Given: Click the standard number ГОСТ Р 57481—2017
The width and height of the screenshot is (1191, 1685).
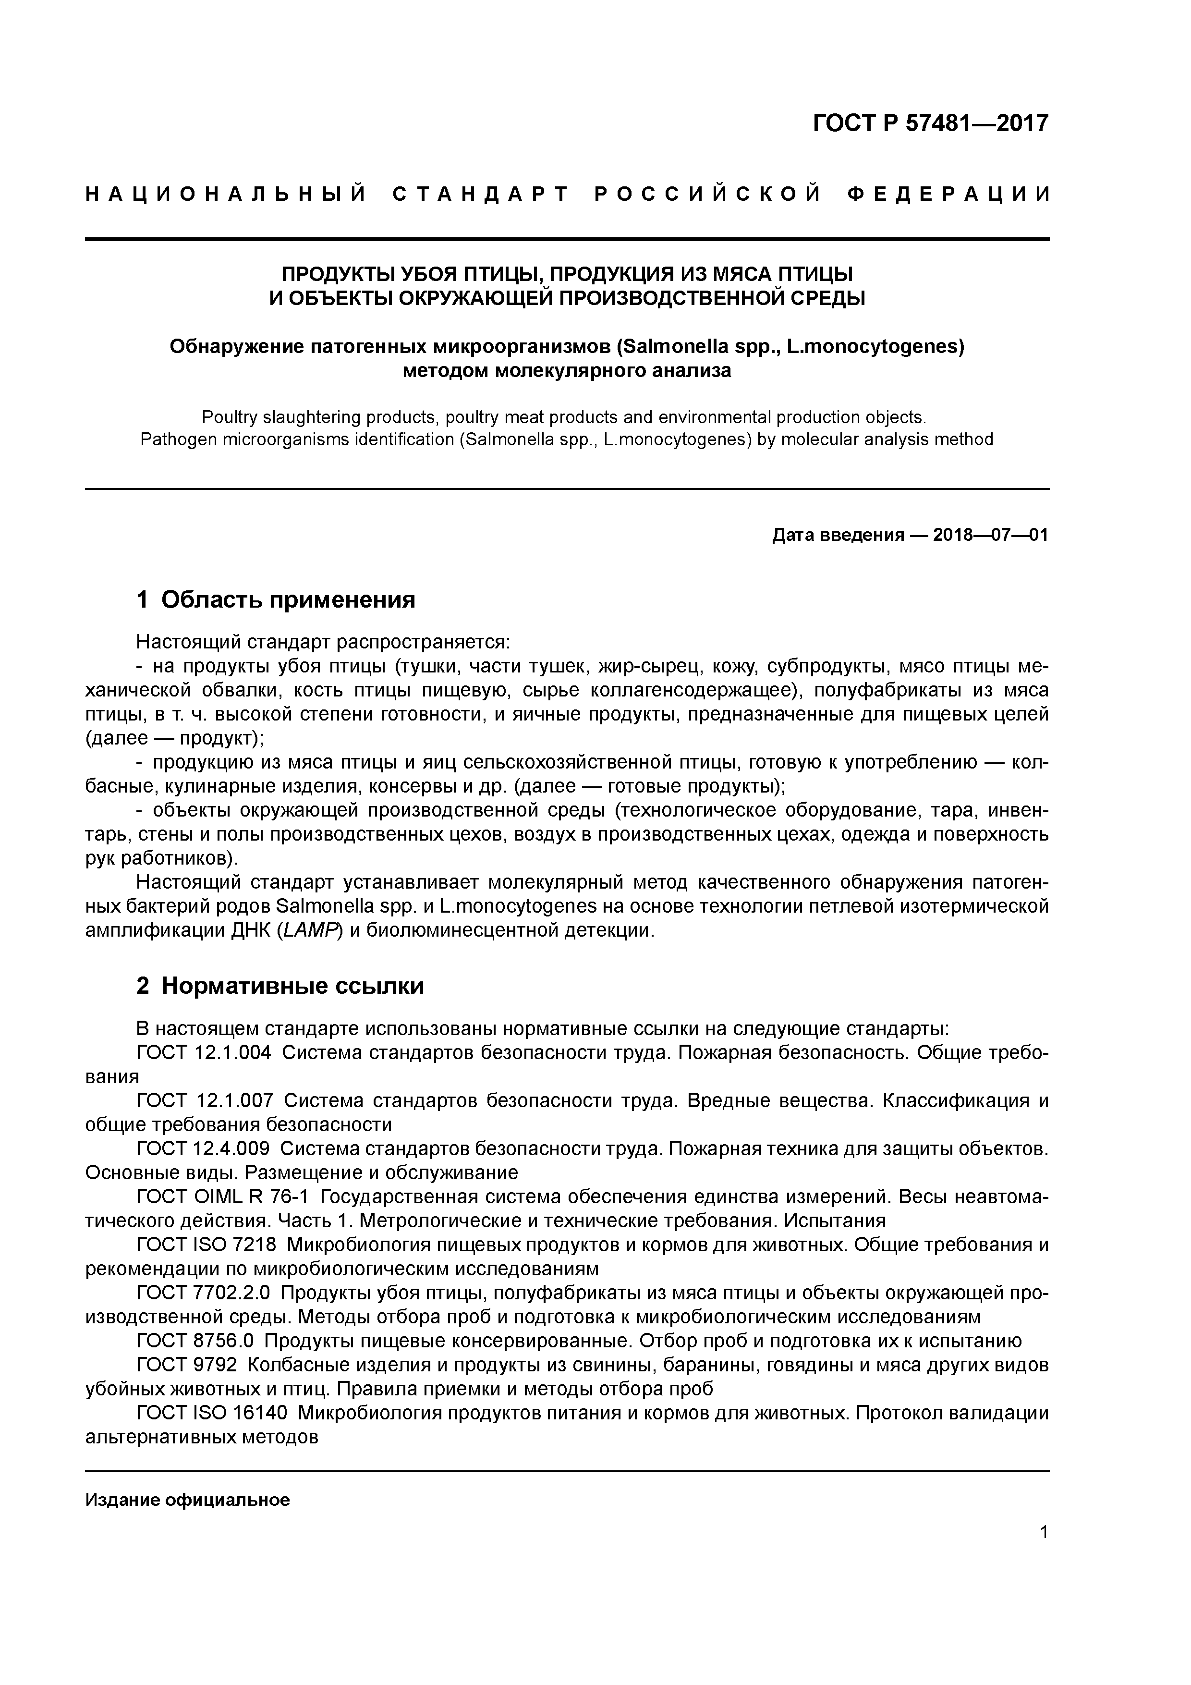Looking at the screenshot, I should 931,122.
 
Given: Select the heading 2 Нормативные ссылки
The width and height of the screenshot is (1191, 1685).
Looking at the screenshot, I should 280,986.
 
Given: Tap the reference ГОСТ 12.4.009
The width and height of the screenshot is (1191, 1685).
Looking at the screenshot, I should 203,1148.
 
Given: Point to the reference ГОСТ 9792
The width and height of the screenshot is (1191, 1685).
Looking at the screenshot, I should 187,1365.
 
